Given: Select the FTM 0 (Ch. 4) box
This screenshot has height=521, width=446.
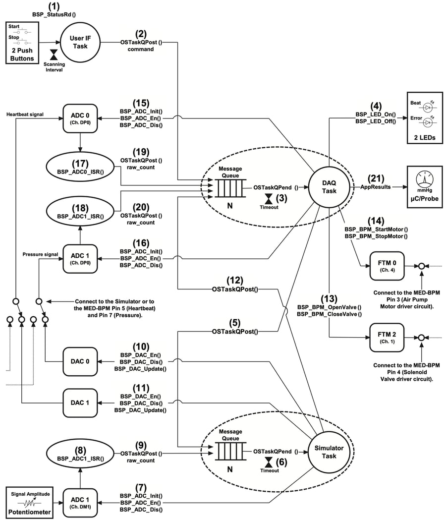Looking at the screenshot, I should [386, 266].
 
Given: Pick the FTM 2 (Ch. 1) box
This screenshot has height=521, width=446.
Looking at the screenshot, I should [386, 337].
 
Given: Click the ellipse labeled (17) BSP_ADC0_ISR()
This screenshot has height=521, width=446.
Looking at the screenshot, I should [80, 168].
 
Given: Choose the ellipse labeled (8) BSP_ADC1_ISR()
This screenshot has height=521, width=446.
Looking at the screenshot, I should [80, 454].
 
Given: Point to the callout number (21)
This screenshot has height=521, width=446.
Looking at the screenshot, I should [376, 178].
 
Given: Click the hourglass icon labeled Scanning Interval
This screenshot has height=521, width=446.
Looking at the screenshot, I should [54, 54].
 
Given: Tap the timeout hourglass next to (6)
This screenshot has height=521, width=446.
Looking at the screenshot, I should [268, 462].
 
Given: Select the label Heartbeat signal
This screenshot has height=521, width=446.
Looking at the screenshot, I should [25, 114].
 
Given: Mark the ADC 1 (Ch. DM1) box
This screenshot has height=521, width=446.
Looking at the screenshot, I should [80, 503].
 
